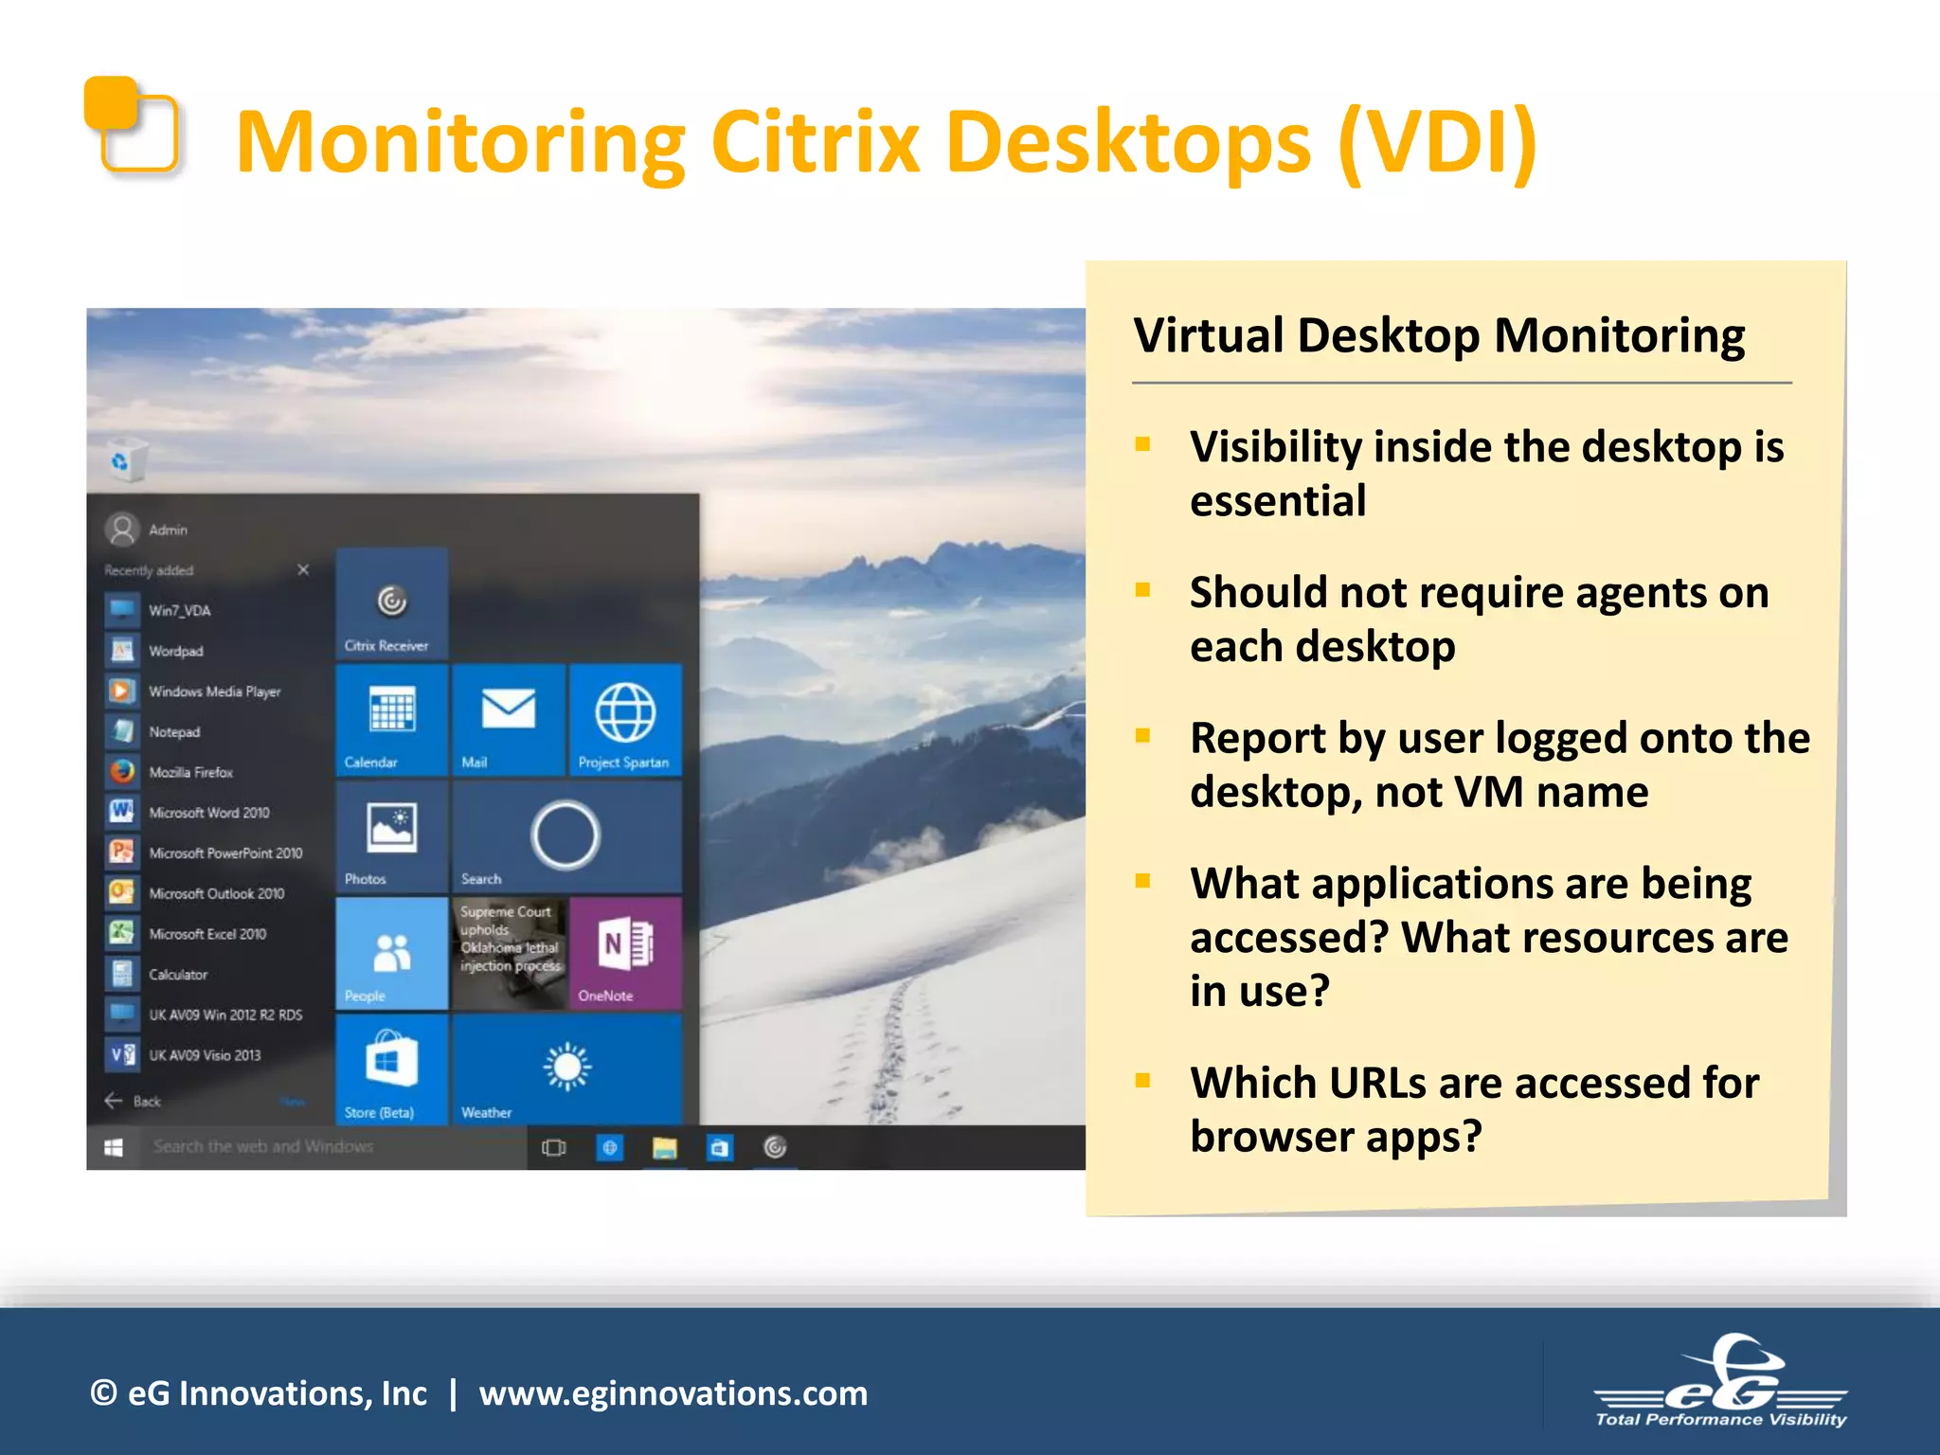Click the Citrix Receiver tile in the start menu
coord(391,603)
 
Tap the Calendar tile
coord(391,719)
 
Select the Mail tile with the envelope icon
coord(509,719)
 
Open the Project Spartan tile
coord(624,719)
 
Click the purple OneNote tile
coord(624,952)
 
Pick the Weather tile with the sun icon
coord(566,1069)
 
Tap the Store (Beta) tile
coord(391,1069)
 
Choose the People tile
coord(391,952)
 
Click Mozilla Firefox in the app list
coord(190,772)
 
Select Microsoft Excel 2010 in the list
coord(207,934)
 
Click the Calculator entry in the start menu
coord(177,974)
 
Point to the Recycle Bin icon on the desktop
coord(125,460)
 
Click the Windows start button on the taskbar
coord(114,1147)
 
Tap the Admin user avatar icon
coord(122,530)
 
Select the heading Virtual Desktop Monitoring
coord(1439,336)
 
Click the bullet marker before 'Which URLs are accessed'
coord(1142,1081)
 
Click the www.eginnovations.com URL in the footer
coord(673,1393)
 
